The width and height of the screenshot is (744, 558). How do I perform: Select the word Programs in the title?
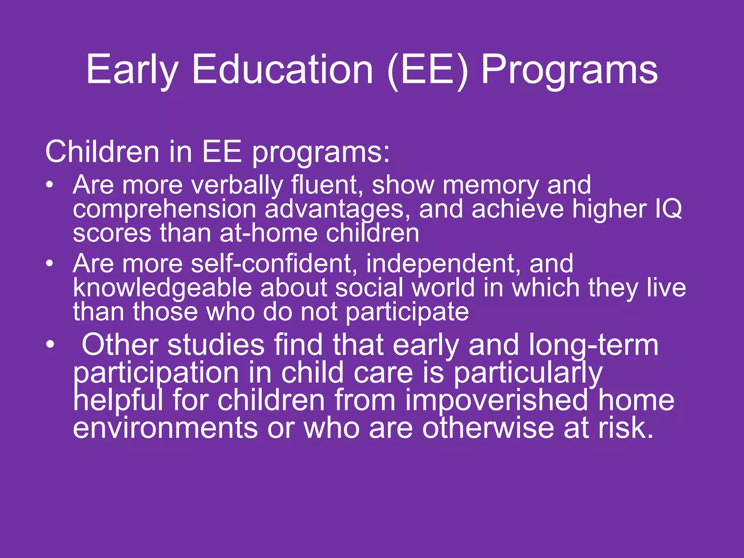569,70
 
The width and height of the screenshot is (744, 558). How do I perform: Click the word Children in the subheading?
102,152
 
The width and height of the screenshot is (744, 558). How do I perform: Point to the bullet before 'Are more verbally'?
50,185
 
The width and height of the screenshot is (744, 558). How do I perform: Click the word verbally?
237,185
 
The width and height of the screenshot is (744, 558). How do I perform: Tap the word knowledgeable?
162,288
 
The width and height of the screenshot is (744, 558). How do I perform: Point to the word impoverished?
496,400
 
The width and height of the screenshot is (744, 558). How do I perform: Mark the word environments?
165,428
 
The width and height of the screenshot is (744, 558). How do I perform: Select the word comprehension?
165,210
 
